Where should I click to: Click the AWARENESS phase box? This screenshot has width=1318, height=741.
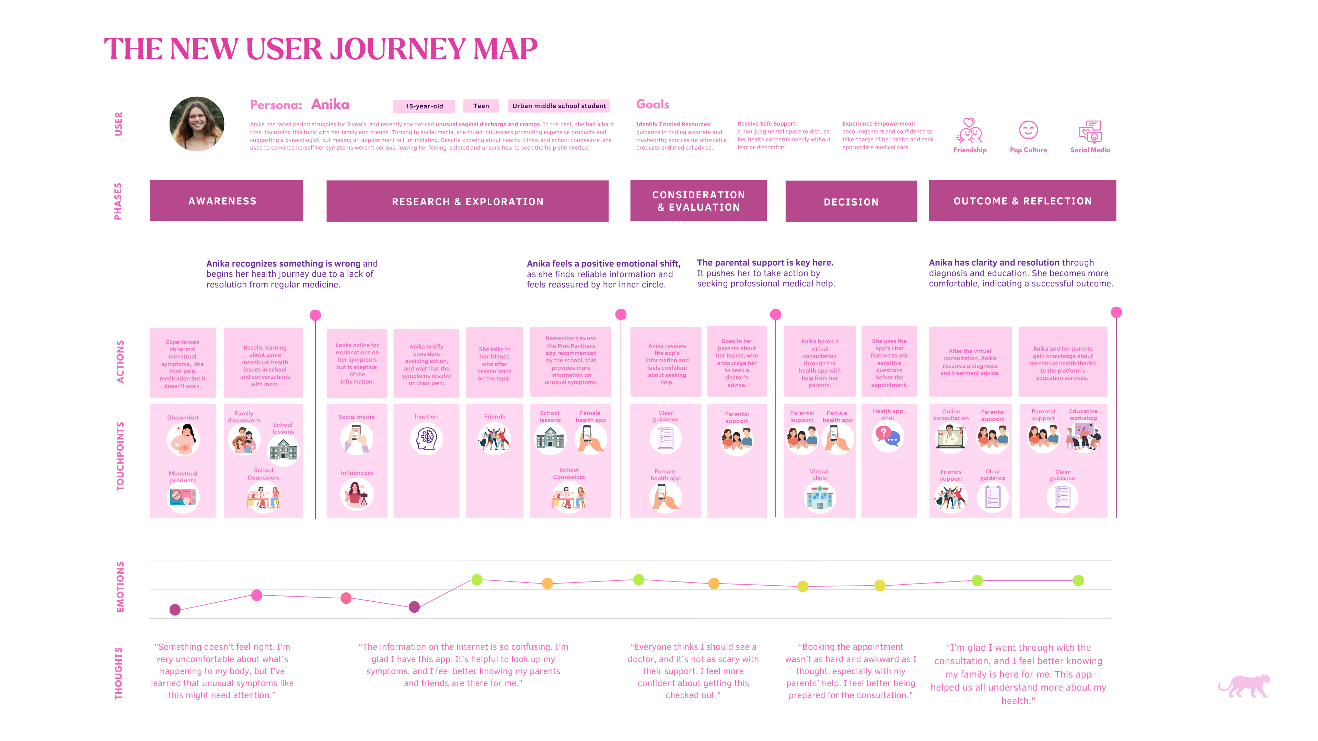pos(226,200)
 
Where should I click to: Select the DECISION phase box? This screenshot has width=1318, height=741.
pos(851,201)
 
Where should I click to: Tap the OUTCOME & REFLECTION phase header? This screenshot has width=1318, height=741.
pos(1022,200)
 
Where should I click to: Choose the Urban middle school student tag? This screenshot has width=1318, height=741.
pos(559,106)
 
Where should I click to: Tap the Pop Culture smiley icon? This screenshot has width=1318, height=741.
pos(1028,130)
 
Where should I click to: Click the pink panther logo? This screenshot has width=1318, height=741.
pos(1244,686)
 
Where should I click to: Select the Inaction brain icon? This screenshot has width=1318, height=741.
pos(426,439)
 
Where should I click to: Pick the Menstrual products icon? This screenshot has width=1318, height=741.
pos(183,496)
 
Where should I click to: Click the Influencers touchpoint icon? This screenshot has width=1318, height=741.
pos(357,494)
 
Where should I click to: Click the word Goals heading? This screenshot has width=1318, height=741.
pos(652,104)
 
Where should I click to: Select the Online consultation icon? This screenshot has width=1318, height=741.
pos(951,438)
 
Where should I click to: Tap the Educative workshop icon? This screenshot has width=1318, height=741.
pos(1083,437)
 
